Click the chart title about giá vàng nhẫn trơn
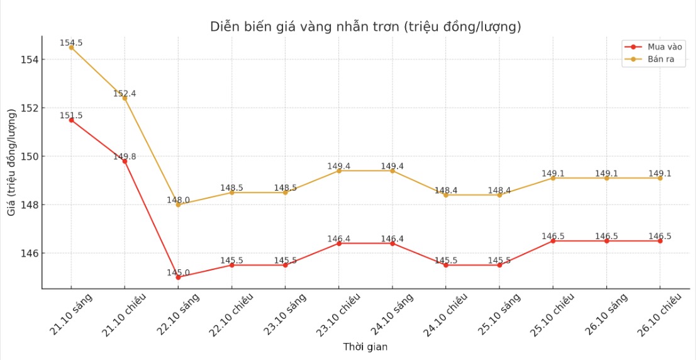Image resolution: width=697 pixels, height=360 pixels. (x=365, y=27)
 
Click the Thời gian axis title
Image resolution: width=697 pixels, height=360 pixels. (x=365, y=347)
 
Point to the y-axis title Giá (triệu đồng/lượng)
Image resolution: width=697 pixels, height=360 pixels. (x=12, y=162)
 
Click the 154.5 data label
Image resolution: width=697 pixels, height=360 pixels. (x=71, y=43)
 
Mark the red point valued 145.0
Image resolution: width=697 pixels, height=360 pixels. (x=178, y=277)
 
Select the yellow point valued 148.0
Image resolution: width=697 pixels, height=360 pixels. (x=178, y=205)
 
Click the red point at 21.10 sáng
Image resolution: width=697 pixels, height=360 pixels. (x=71, y=120)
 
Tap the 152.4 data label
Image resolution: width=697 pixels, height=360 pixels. (x=125, y=94)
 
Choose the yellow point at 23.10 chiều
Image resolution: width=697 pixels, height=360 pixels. (x=338, y=171)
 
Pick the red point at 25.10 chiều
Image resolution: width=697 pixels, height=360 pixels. (x=553, y=241)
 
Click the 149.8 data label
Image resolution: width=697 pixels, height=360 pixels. (x=125, y=157)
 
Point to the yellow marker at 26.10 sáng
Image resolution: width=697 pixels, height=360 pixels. (x=606, y=178)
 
